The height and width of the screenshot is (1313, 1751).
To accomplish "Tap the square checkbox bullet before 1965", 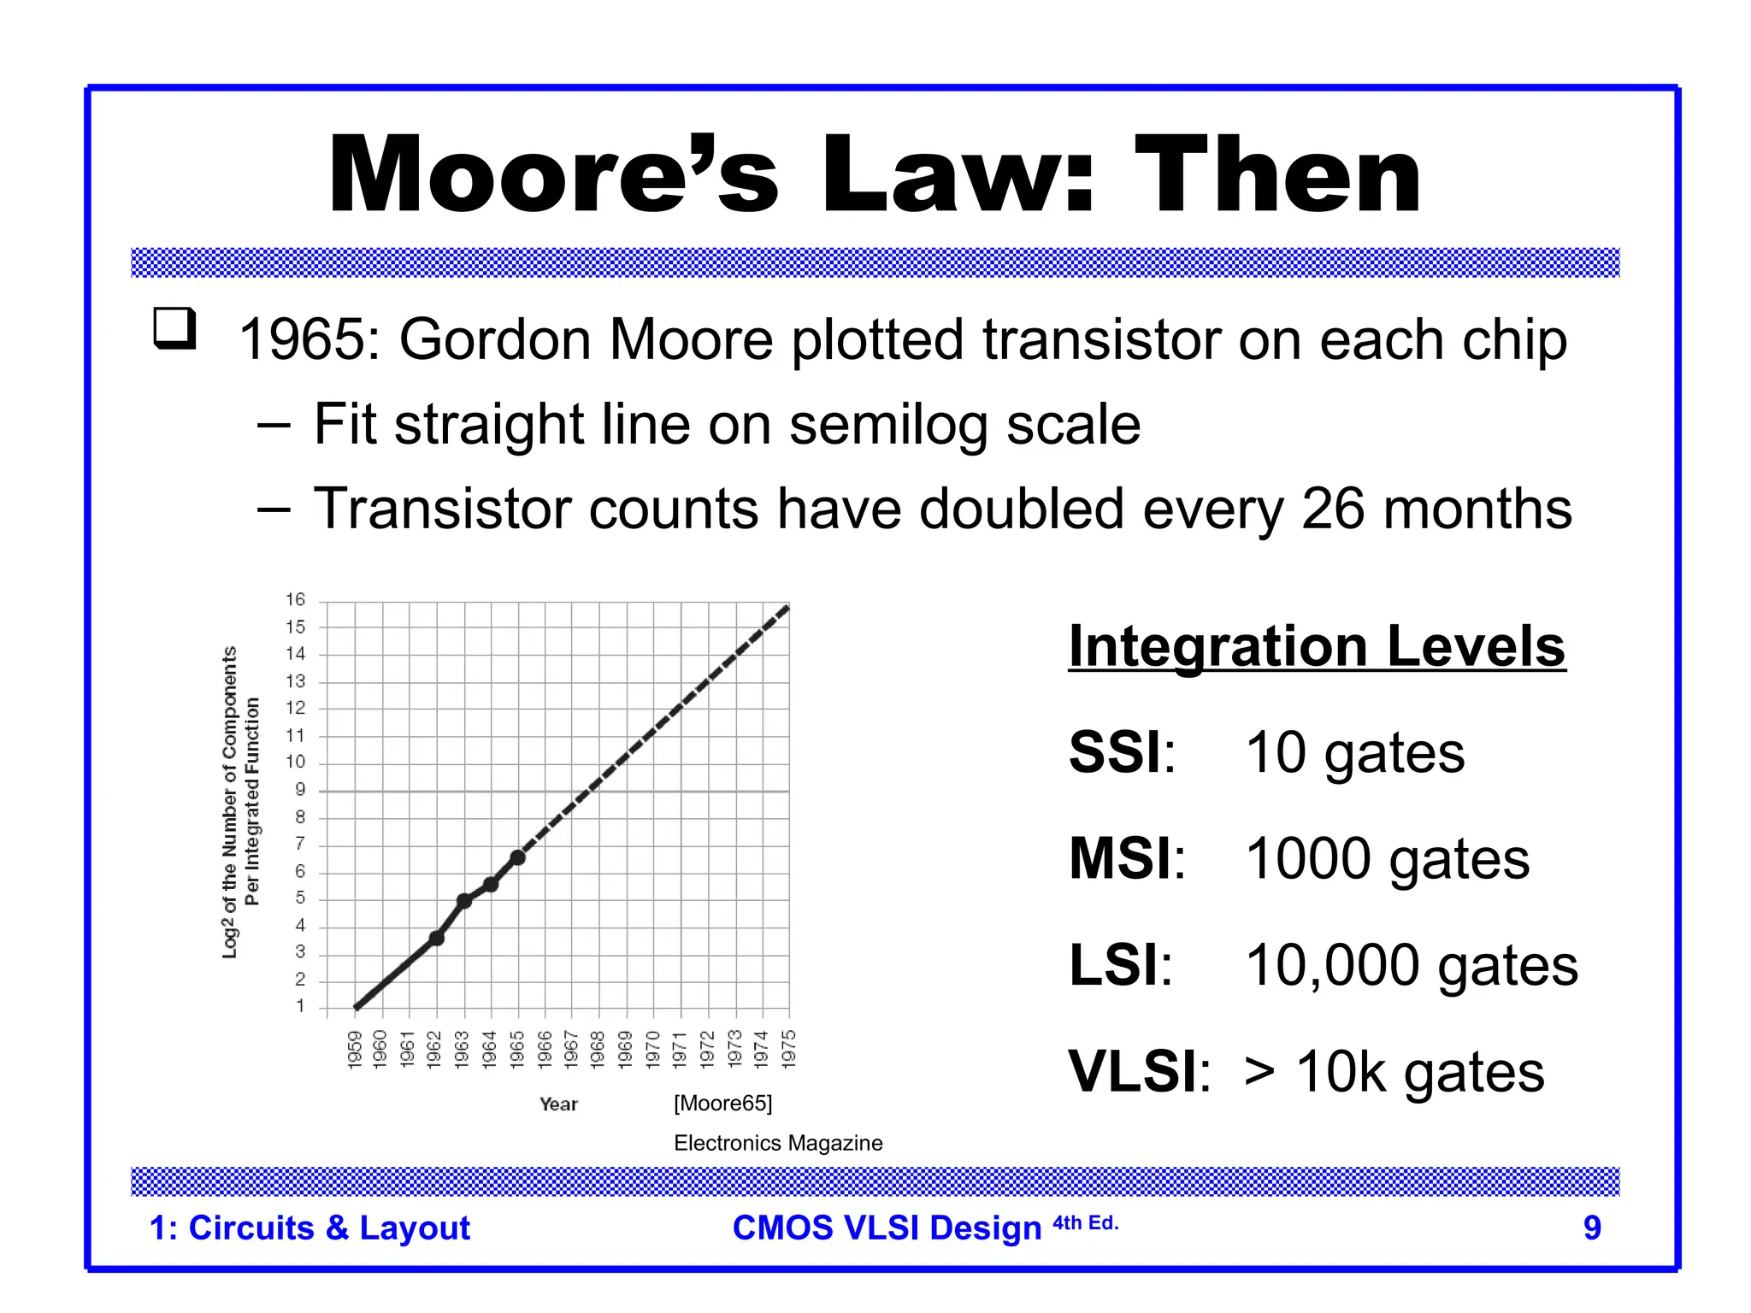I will click(175, 328).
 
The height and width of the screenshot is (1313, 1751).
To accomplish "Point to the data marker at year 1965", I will click(517, 857).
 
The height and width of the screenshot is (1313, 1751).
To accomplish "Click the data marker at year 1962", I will click(436, 938).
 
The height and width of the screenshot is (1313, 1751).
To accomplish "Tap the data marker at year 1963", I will click(463, 900).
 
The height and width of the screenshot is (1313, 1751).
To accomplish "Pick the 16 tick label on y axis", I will click(295, 600).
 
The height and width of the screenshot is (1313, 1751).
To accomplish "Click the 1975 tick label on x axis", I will click(789, 1048).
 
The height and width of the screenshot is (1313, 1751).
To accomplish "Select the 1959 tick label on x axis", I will click(356, 1048).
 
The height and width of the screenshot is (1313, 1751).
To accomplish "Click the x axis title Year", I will click(558, 1104).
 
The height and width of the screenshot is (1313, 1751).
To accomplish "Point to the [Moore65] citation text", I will click(722, 1104).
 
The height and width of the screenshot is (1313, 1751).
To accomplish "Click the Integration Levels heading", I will click(1317, 647).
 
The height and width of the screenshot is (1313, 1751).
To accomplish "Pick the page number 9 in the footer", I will click(1591, 1228).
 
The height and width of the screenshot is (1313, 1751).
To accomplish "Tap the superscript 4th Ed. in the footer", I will click(1085, 1223).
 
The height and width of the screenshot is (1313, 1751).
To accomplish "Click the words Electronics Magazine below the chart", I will click(778, 1143).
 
